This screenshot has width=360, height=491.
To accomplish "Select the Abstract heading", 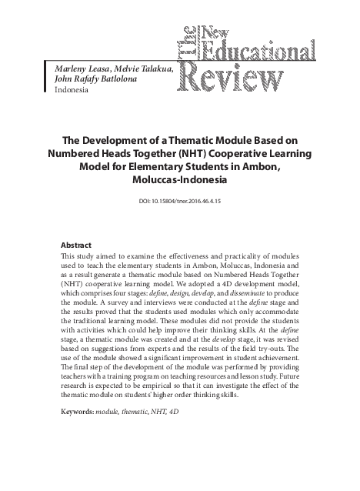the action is (x=78, y=245).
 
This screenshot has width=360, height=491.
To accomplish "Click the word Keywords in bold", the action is (x=75, y=413).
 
